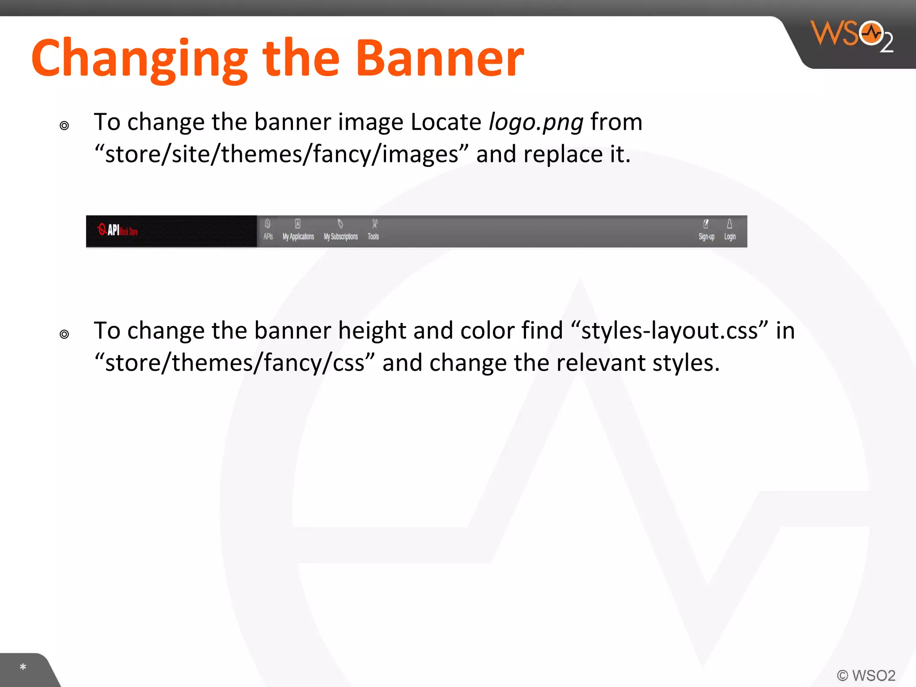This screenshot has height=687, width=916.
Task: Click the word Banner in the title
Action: click(x=439, y=59)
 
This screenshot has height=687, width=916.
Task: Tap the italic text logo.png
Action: click(x=536, y=122)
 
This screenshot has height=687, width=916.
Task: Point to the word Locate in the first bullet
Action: click(x=445, y=122)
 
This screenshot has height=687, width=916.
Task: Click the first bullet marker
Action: click(x=64, y=126)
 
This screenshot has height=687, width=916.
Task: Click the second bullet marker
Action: click(x=64, y=334)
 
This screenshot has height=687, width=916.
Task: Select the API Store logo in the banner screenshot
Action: click(x=118, y=230)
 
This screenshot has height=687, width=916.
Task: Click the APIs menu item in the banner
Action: click(x=268, y=231)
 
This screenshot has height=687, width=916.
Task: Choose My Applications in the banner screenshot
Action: click(x=298, y=231)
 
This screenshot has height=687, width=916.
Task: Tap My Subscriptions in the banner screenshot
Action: click(x=341, y=231)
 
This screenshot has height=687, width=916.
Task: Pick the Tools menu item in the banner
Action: click(x=373, y=231)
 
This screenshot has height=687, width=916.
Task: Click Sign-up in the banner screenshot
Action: click(x=706, y=231)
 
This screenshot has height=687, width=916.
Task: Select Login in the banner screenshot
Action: click(x=730, y=231)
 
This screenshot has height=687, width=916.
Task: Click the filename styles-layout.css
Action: click(x=669, y=331)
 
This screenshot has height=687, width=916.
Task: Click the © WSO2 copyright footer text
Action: click(x=866, y=675)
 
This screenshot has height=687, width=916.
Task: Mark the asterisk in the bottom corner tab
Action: click(x=23, y=667)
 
